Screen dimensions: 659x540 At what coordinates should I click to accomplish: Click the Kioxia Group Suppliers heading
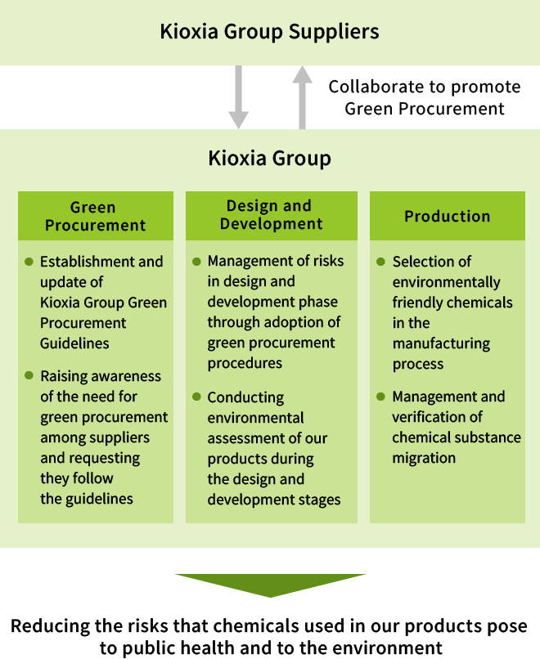coord(269,32)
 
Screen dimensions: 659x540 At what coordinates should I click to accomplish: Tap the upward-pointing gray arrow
coord(302,96)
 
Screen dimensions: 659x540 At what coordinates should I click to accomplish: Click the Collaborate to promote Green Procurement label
coord(424,97)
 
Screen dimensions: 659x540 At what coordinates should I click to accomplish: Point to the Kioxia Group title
coord(269,157)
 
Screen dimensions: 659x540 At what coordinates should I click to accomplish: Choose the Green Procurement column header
coord(95,216)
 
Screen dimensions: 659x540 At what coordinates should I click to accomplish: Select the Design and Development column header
coord(271,215)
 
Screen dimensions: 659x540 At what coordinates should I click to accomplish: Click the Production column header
coord(447,216)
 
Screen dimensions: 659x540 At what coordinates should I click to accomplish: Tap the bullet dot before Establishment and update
coord(29,262)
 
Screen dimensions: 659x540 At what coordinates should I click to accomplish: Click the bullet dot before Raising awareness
coord(29,376)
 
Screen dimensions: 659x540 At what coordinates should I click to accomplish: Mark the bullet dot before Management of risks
coord(196,262)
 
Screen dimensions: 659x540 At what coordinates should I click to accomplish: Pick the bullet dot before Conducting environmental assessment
coord(196,397)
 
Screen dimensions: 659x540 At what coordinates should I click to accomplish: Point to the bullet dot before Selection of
coord(380,262)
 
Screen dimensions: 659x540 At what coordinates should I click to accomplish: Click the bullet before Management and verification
coord(380,397)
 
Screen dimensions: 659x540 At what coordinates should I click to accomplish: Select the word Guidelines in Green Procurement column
coord(74,343)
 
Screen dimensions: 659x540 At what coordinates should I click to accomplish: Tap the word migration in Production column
coord(423,458)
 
